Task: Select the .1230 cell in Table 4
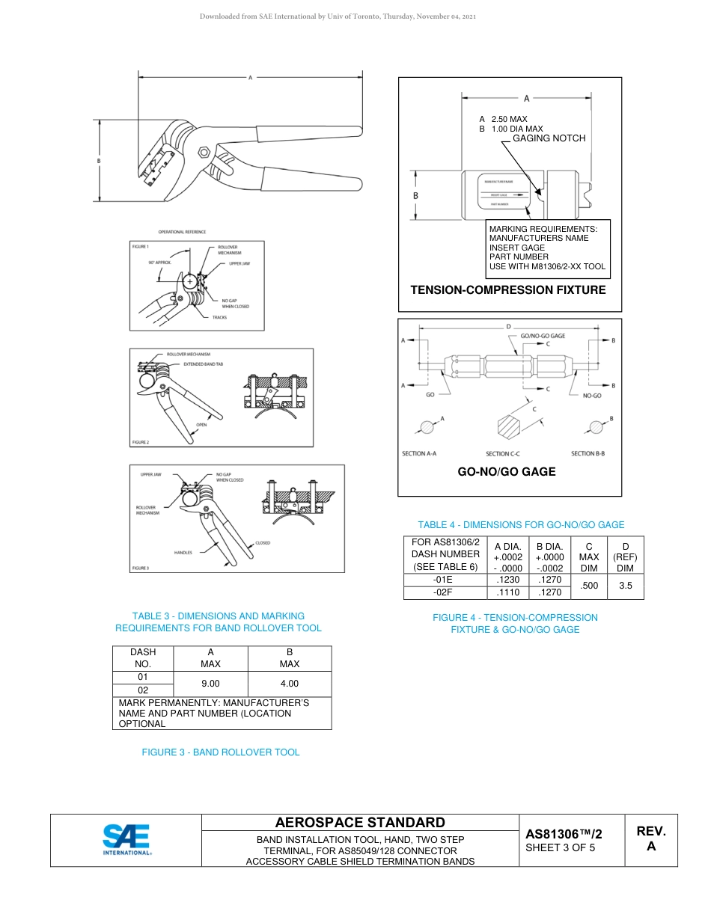click(x=508, y=580)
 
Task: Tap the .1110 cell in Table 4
click(x=508, y=592)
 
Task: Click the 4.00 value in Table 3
click(x=289, y=684)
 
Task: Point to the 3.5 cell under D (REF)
click(x=625, y=586)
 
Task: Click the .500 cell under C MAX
click(x=590, y=586)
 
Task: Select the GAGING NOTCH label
click(x=549, y=138)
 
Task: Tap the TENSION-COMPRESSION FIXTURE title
click(x=508, y=290)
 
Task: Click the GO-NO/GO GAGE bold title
click(x=507, y=472)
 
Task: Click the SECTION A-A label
click(x=419, y=454)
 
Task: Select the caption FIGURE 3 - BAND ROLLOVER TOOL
click(x=221, y=752)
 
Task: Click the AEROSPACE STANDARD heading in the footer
click(x=360, y=823)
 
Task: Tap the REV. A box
click(x=651, y=839)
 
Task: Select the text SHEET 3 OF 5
click(x=560, y=848)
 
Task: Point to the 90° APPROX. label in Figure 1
click(x=159, y=263)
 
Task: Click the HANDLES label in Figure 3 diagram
click(x=183, y=553)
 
